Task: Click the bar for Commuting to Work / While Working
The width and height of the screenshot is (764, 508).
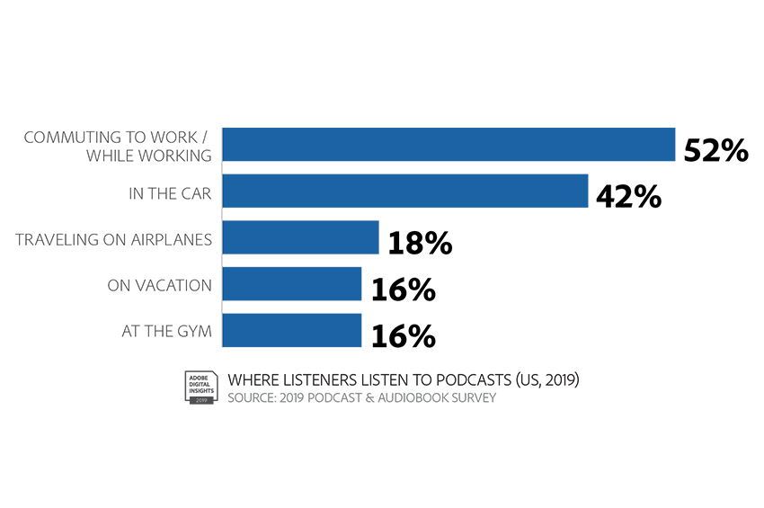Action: point(449,144)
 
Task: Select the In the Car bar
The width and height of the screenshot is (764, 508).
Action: point(405,191)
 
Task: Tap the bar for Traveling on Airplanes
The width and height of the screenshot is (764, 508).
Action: point(300,237)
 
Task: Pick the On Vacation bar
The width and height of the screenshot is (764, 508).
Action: point(292,284)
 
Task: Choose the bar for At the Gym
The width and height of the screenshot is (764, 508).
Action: point(292,331)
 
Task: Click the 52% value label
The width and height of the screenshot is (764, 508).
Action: point(715,150)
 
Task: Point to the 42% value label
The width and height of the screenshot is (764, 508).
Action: point(628,197)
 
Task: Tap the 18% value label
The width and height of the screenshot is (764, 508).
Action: point(420,243)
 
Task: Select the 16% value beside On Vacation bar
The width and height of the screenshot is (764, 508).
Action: point(404,290)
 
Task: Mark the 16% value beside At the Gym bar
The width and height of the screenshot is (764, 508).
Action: point(404,336)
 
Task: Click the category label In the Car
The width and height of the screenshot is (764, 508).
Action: point(170,193)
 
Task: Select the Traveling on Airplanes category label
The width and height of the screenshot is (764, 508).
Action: point(113,240)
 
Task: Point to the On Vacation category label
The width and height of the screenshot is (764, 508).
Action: point(159,285)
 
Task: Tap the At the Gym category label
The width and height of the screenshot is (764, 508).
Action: point(166,331)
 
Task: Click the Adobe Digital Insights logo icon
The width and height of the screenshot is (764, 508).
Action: point(201,388)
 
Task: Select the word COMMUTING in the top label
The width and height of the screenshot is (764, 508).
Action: point(60,138)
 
